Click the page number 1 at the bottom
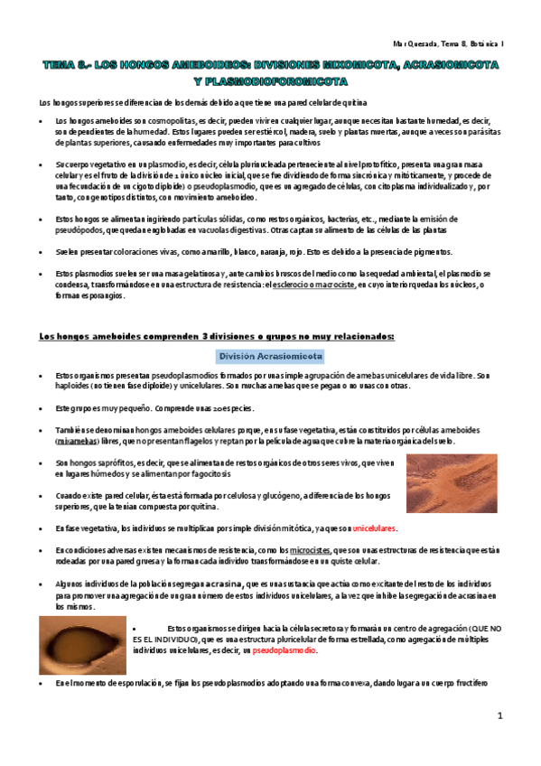click(499, 715)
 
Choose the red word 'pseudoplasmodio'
click(285, 650)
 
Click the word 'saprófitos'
click(117, 462)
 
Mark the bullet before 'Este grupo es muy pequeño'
click(33, 407)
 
